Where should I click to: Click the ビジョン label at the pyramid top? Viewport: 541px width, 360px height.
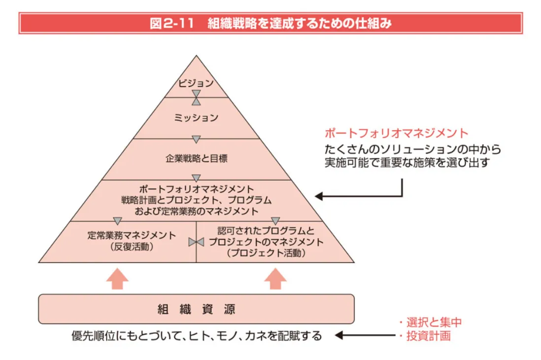click(x=196, y=83)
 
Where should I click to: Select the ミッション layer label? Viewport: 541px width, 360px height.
click(x=196, y=118)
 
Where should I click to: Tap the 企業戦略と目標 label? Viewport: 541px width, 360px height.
click(x=196, y=159)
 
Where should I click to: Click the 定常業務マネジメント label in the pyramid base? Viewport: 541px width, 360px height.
click(x=131, y=235)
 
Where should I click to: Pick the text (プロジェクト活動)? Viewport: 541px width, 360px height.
click(x=266, y=253)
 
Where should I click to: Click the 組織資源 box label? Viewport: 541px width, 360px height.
click(x=196, y=309)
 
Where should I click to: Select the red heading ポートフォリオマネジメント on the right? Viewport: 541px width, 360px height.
click(x=396, y=133)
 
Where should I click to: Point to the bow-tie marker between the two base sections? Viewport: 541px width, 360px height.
click(x=196, y=242)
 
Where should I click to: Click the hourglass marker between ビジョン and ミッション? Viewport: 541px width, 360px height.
click(x=196, y=97)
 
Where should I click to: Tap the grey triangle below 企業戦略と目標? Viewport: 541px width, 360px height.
click(x=196, y=178)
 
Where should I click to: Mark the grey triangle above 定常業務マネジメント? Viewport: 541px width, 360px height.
click(x=117, y=220)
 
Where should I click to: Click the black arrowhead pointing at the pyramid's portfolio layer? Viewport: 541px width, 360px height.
click(x=319, y=196)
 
